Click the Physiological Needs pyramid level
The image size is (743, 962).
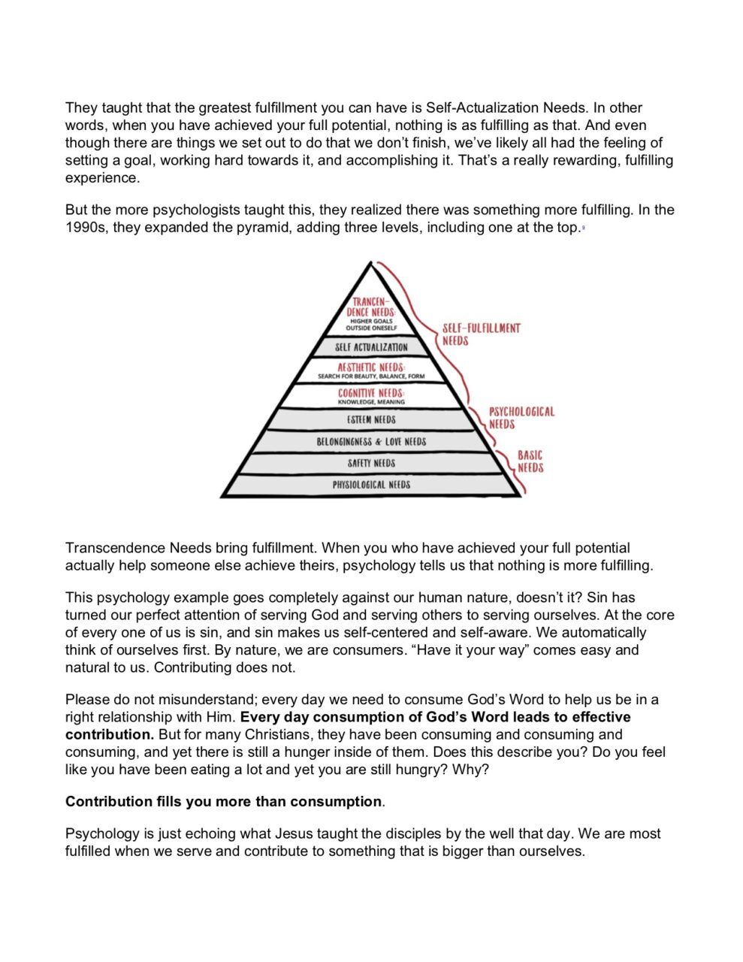(371, 485)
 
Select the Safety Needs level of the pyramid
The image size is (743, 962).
(371, 463)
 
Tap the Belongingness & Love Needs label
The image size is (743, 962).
(371, 442)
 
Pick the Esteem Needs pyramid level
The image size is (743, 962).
(371, 419)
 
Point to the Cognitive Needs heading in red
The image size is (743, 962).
(371, 393)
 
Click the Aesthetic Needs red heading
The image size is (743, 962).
(371, 367)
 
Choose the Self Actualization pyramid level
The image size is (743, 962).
(371, 347)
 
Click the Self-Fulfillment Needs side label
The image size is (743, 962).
(481, 334)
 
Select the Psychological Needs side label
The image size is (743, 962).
(521, 418)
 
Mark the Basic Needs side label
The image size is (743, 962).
(530, 461)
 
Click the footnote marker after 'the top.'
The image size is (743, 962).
(583, 228)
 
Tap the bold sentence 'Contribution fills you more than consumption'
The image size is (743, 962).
(224, 801)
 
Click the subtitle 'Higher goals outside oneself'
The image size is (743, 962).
(370, 325)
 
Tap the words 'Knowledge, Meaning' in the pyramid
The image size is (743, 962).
(371, 402)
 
